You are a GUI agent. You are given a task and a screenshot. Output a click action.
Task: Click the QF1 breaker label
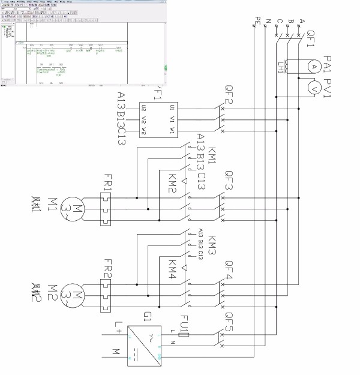(310, 39)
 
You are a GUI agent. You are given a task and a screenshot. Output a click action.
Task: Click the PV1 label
(328, 88)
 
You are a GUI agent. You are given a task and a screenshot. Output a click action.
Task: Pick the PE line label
(257, 22)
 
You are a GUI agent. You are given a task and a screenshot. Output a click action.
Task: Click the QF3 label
(229, 180)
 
